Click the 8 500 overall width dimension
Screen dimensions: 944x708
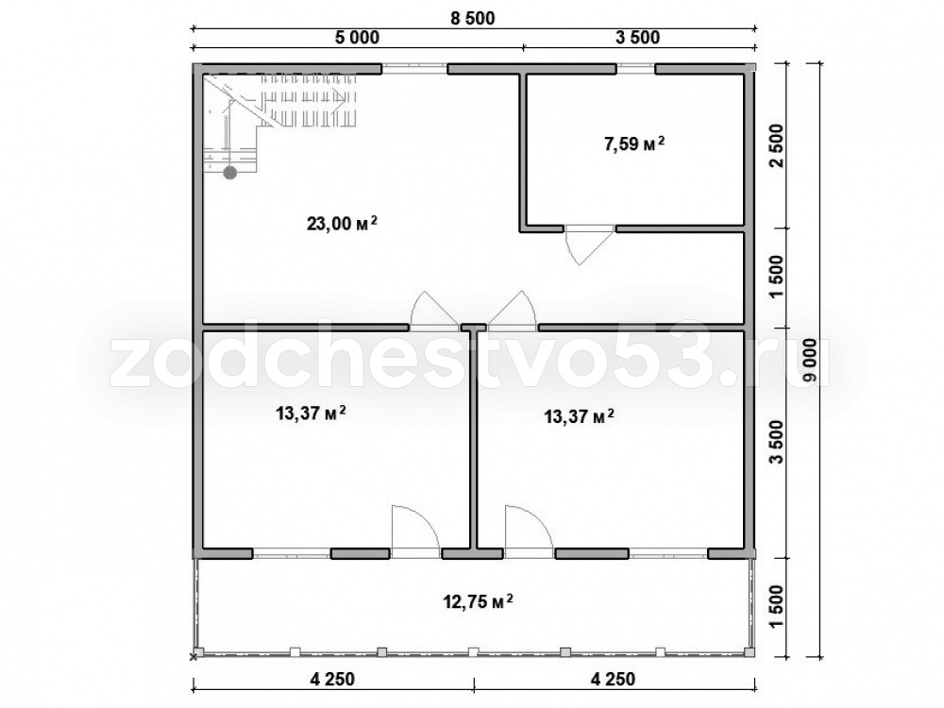473,19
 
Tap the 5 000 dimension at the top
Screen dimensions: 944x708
357,38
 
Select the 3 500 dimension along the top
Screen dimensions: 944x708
637,38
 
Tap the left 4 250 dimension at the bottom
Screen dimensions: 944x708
333,679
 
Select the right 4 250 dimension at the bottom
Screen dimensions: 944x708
613,679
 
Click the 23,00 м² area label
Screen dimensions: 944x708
342,224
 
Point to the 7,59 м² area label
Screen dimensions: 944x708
634,143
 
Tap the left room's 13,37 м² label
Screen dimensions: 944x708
310,413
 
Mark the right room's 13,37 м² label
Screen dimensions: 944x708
580,416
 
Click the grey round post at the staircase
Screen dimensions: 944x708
230,174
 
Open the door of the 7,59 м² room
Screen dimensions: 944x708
589,245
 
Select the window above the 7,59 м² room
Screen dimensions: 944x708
635,69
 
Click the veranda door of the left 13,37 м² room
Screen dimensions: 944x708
416,530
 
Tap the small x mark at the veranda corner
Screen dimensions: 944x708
194,656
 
